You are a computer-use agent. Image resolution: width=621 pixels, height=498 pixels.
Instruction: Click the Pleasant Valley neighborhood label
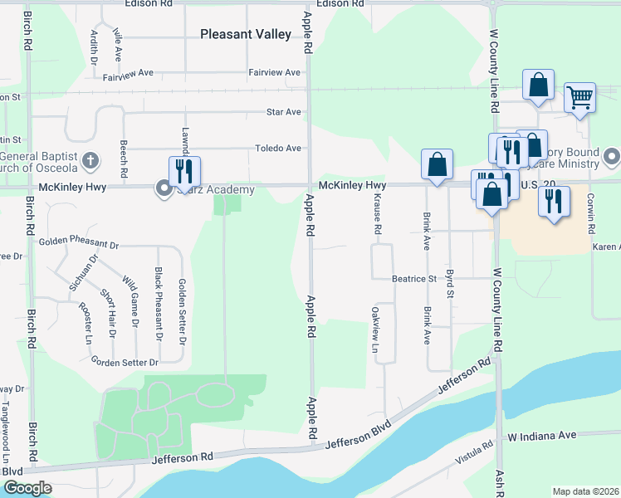pyautogui.click(x=246, y=34)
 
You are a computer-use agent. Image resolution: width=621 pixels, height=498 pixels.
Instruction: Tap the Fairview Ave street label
pyautogui.click(x=274, y=73)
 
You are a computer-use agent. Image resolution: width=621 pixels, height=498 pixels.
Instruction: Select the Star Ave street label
pyautogui.click(x=283, y=112)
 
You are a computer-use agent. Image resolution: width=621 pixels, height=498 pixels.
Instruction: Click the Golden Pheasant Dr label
pyautogui.click(x=79, y=246)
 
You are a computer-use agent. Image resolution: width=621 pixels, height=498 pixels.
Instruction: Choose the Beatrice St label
pyautogui.click(x=414, y=280)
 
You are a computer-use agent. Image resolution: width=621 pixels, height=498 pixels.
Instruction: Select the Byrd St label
pyautogui.click(x=450, y=283)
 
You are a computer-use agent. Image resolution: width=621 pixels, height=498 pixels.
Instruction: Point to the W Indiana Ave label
pyautogui.click(x=542, y=436)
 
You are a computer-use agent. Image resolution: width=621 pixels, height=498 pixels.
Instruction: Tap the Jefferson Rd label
pyautogui.click(x=183, y=457)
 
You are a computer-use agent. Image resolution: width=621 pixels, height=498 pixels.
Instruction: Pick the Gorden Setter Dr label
pyautogui.click(x=125, y=363)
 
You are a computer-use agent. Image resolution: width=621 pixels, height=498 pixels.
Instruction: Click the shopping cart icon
pyautogui.click(x=580, y=96)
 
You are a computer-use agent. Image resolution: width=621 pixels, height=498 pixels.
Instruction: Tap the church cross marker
pyautogui.click(x=91, y=159)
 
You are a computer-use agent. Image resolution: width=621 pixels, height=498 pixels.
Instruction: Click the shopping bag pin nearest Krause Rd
pyautogui.click(x=437, y=164)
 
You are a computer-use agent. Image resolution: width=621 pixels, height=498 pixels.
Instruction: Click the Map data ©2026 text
pyautogui.click(x=585, y=491)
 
